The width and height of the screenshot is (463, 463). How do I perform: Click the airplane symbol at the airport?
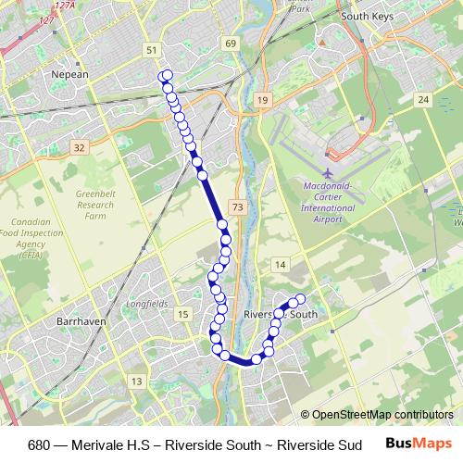[x=329, y=173]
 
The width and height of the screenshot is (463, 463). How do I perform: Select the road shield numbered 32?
[x=79, y=146]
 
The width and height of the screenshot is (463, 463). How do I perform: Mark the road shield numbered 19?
[x=263, y=99]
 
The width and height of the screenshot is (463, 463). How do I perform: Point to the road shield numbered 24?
[x=423, y=98]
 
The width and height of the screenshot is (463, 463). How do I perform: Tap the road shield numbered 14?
[x=279, y=266]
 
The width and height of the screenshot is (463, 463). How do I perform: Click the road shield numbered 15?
[x=183, y=315]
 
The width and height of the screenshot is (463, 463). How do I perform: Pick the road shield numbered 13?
[x=137, y=381]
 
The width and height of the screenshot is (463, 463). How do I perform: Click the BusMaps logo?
[x=417, y=443]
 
